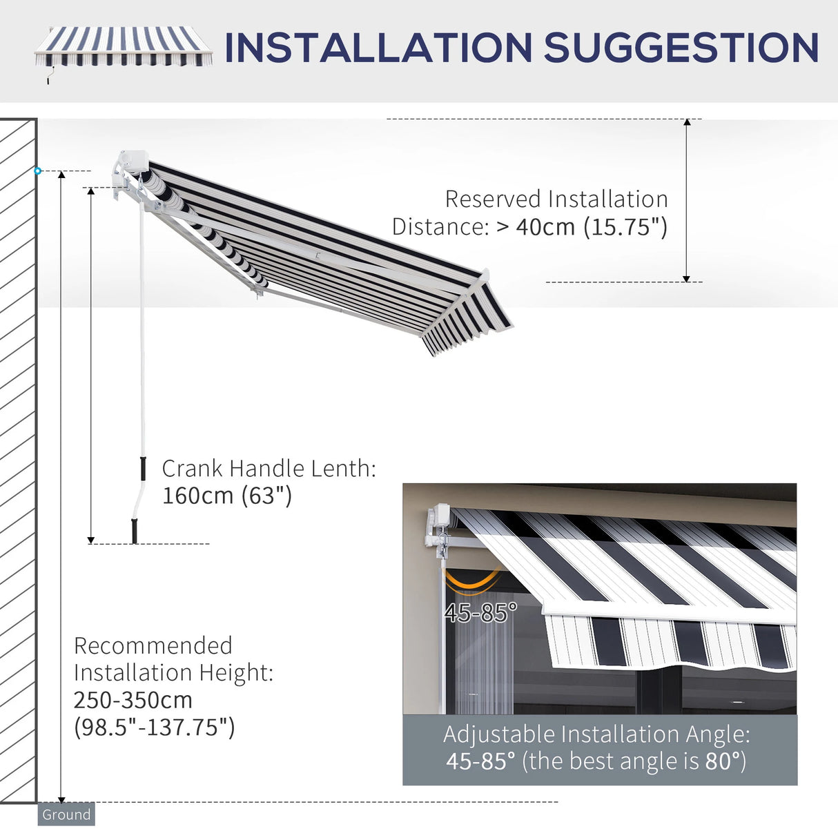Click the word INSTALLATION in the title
tap(378, 48)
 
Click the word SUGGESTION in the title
tap(681, 48)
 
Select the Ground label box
tap(66, 815)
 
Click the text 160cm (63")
tap(227, 495)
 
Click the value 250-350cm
tap(133, 699)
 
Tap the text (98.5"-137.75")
tap(154, 727)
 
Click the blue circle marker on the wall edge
tap(38, 170)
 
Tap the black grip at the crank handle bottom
tap(135, 531)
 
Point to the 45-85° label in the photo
tap(480, 612)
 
